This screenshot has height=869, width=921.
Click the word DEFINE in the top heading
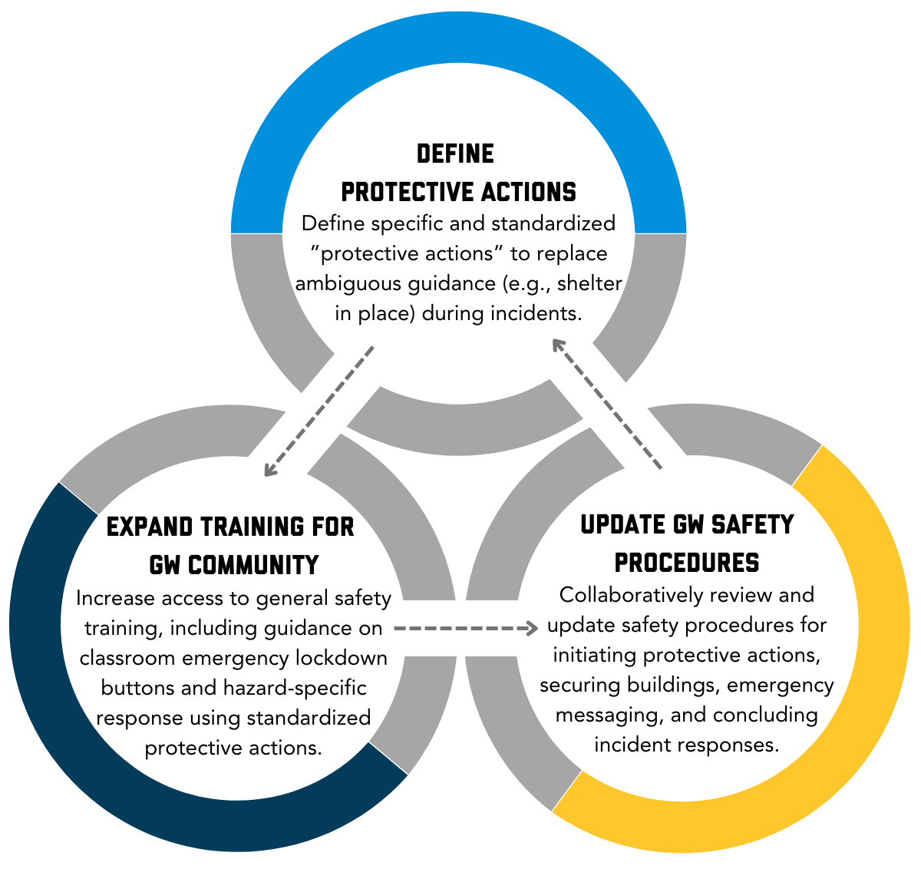point(455,154)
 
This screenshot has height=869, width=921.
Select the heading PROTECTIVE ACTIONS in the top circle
point(458,190)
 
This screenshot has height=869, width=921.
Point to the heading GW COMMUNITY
point(234,565)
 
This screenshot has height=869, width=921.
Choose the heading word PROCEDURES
point(687,563)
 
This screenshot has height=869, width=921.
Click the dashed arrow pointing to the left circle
point(318,412)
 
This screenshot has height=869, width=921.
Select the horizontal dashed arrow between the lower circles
point(465,629)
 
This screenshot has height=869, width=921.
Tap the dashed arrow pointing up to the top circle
point(606,404)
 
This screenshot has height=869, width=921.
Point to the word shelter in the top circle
point(590,283)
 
